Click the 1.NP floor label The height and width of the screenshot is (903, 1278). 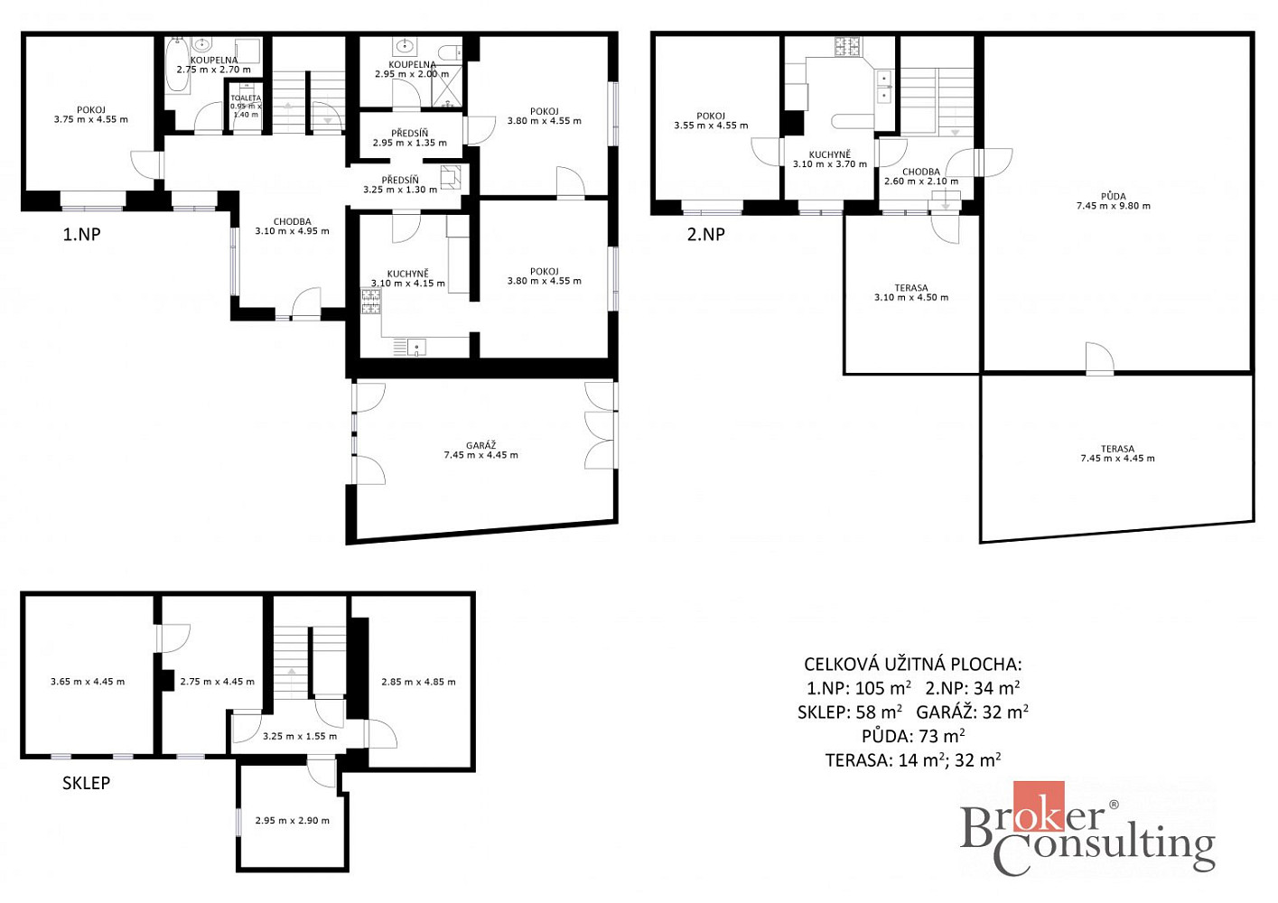[81, 234]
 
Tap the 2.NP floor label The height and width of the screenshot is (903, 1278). [705, 234]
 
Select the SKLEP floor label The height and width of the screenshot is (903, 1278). [86, 783]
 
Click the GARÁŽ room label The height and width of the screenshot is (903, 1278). [481, 445]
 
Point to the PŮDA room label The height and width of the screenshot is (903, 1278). [1114, 196]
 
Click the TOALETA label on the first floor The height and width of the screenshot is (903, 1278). [246, 98]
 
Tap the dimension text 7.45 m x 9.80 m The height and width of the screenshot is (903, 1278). [1114, 206]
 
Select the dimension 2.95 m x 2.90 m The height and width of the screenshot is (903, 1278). [292, 820]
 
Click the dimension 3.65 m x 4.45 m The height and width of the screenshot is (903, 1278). [88, 681]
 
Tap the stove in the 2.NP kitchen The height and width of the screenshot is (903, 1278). [848, 47]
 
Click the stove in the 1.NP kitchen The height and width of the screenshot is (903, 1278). [371, 302]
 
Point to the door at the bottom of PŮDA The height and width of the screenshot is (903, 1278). [1099, 359]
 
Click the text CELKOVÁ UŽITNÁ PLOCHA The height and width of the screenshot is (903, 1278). [913, 664]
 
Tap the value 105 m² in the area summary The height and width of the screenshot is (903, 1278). [882, 688]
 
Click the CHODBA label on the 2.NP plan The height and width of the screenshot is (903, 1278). [921, 172]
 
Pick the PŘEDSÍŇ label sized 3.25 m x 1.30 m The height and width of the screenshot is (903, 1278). [400, 180]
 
